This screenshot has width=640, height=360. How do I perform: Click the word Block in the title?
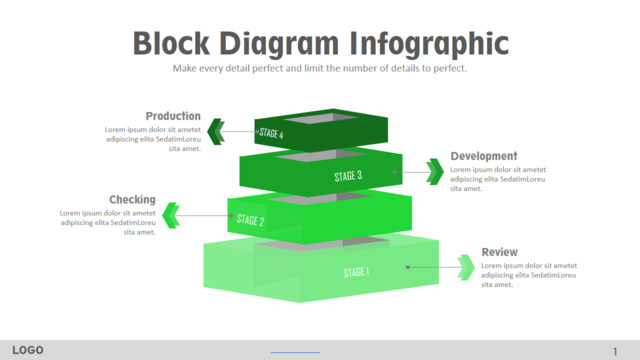point(171,43)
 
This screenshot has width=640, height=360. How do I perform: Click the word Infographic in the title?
point(429,44)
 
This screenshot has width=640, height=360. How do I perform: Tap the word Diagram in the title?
point(279,44)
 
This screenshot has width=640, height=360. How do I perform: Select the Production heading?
point(173,116)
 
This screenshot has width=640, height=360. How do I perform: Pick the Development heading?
point(484,156)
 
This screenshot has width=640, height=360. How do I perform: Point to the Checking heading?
point(132,200)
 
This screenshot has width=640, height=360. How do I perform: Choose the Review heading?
point(500,252)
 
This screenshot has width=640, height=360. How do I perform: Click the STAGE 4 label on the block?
point(271,133)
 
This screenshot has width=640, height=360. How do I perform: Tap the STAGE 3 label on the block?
point(348,176)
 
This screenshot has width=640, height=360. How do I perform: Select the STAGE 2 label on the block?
point(250,220)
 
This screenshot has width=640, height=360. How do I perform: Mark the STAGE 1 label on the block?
point(356,272)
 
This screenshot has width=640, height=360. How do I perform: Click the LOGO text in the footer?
point(28,350)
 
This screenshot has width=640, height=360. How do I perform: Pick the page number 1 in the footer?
point(615,351)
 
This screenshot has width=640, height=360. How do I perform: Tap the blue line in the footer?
point(295,352)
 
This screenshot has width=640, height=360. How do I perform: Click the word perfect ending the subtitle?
point(450,68)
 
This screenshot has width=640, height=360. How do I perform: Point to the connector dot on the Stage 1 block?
point(408,267)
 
